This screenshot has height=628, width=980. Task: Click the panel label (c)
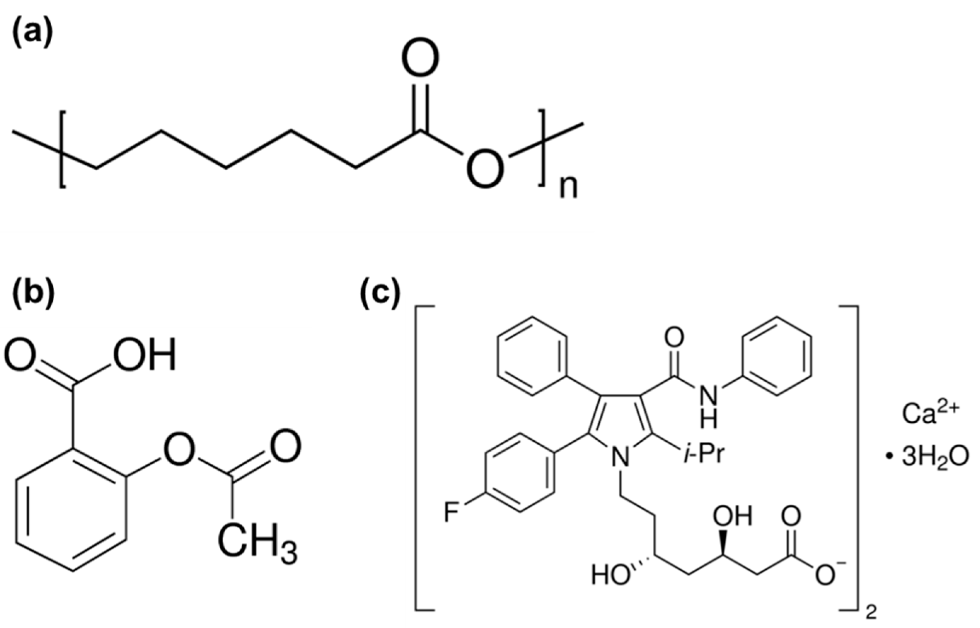(380, 292)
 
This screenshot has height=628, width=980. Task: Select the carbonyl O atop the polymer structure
(420, 58)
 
